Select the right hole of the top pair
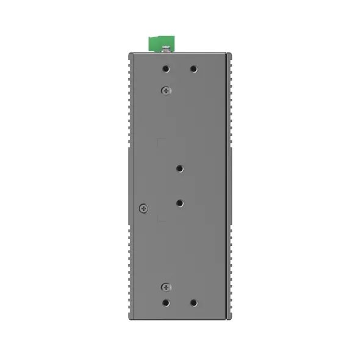(193, 69)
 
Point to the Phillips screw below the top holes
(166, 90)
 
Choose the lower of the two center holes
(179, 202)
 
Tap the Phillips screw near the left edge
(143, 208)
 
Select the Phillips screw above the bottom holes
(166, 287)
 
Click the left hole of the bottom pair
(166, 302)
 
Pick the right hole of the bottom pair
(193, 302)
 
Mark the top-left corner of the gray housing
(129, 54)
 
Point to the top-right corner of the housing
(231, 54)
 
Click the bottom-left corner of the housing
(129, 318)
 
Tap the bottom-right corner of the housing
(231, 318)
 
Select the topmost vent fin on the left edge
(130, 60)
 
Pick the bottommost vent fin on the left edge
(130, 312)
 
